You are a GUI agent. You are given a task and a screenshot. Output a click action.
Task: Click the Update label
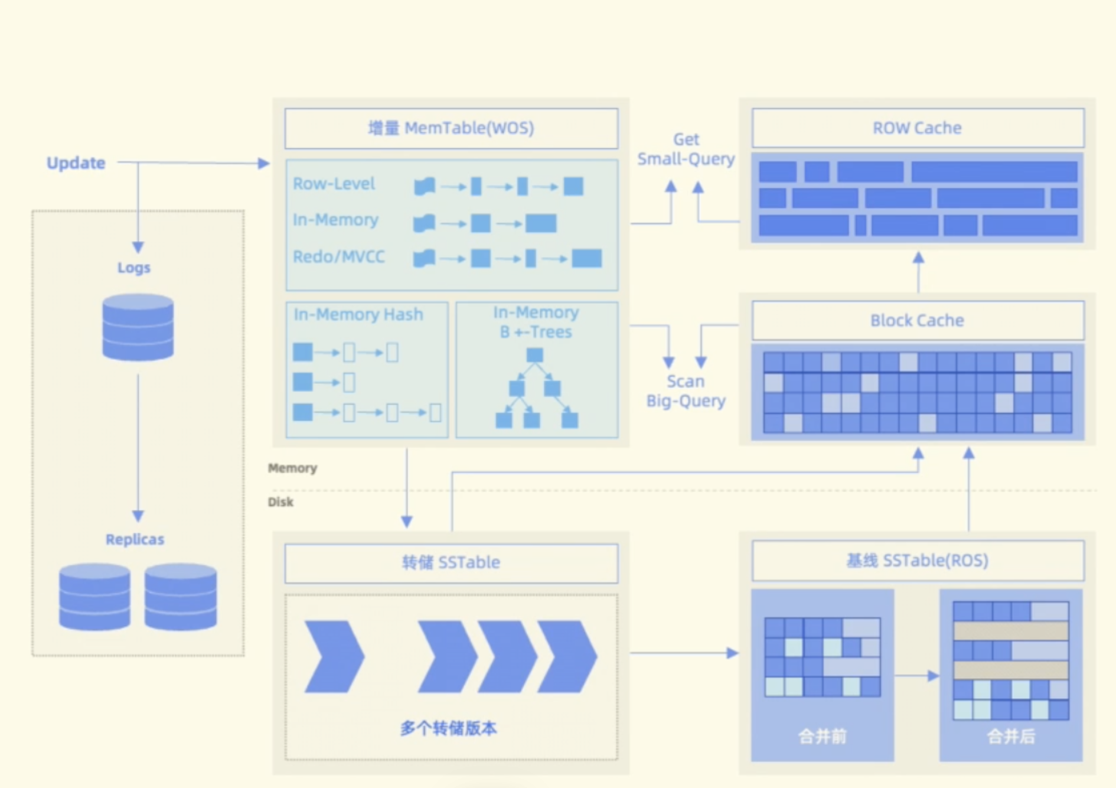coord(76,163)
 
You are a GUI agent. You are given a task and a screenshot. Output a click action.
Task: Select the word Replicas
coord(135,539)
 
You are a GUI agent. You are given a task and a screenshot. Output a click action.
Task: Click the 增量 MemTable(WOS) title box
coord(451,128)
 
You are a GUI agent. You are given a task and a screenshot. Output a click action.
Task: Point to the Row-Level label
coord(334,184)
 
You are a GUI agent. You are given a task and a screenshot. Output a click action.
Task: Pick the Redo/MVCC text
coord(338,256)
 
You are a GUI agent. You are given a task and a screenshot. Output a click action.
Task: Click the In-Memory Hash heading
coord(358,314)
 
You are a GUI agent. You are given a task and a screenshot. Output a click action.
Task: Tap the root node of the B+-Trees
coord(534,355)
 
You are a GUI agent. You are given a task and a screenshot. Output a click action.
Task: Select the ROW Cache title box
coord(917,128)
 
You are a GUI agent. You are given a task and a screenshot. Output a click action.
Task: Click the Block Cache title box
coord(917,320)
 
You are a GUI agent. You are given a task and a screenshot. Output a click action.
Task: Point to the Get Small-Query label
coord(686,149)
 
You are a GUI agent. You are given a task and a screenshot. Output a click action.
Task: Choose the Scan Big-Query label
coord(686,391)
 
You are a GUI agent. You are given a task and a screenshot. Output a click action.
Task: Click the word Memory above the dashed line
coord(292,468)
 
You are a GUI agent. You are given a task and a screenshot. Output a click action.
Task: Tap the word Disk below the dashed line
coord(280,502)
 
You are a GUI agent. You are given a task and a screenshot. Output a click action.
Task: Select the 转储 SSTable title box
coord(451,562)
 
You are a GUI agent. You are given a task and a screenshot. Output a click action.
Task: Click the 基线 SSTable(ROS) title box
coord(917,561)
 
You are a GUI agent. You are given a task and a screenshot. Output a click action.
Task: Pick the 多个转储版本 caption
coord(449,728)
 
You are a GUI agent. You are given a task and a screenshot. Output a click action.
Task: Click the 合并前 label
coord(822,736)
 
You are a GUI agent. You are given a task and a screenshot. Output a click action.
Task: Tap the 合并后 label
coord(1011,736)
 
